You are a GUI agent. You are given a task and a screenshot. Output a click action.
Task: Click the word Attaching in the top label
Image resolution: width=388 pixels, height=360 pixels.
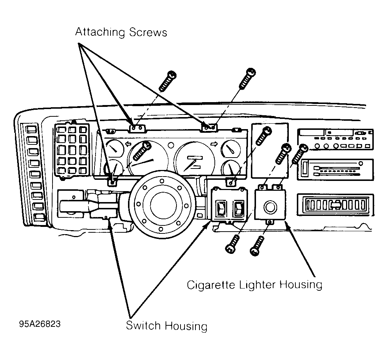(100, 32)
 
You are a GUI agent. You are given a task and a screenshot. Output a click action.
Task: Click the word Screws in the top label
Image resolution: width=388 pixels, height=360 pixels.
(148, 32)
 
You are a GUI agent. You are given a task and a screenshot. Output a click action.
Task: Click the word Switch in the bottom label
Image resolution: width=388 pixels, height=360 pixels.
(143, 325)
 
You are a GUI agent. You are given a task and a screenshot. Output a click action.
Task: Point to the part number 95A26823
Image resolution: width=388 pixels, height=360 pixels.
(40, 324)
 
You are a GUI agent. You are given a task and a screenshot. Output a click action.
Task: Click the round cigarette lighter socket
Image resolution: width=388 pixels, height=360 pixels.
(270, 207)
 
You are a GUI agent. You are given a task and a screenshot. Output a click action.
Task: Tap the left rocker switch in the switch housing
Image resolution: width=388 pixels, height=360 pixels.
(221, 208)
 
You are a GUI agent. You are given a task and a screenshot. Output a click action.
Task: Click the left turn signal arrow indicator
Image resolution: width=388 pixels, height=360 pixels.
(128, 144)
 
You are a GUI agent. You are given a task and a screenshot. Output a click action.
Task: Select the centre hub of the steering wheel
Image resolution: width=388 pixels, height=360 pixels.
(163, 205)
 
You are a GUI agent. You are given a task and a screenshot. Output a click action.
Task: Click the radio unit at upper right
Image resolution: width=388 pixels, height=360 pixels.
(335, 139)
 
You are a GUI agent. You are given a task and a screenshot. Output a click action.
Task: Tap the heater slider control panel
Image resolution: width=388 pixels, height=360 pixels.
(335, 170)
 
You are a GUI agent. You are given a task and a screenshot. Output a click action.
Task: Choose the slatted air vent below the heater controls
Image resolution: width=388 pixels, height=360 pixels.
(335, 205)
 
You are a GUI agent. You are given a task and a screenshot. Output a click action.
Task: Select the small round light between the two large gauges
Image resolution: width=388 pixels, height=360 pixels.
(171, 145)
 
